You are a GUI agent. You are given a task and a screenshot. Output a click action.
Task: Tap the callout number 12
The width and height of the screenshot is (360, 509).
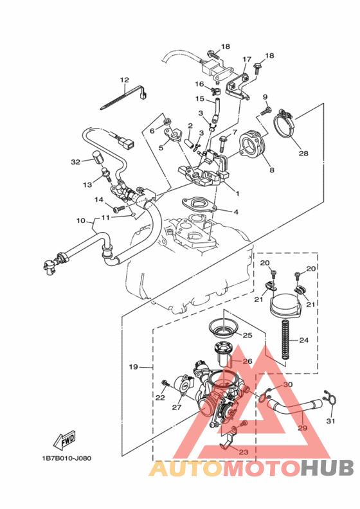coord(124,80)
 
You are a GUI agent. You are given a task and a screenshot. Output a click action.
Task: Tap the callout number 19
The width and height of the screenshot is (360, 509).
coord(133,367)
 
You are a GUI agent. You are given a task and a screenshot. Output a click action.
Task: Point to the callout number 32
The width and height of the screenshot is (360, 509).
coord(75,162)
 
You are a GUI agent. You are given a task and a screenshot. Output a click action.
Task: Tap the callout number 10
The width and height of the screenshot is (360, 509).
coord(81,221)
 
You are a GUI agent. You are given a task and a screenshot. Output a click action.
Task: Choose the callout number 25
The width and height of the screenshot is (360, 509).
coord(247,335)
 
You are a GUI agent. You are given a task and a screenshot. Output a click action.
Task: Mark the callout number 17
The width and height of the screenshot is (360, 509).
coord(246,60)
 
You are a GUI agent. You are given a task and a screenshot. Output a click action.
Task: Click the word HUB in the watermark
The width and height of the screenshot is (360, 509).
coord(325,467)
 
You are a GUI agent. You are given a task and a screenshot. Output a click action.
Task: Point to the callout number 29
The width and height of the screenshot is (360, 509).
coord(303,427)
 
